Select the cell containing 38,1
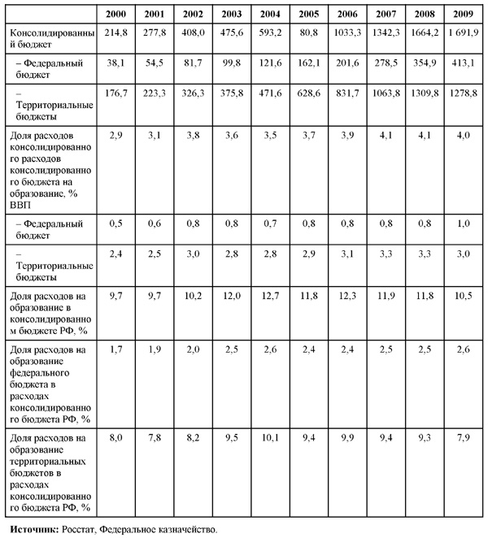pos(120,63)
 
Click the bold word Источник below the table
pos(32,529)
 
